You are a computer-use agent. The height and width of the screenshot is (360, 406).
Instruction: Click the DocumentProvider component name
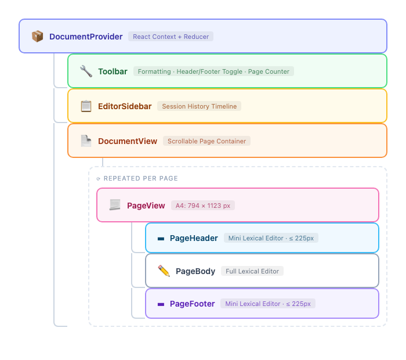[x=86, y=37]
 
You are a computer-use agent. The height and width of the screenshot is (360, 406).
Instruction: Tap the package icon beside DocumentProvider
[x=38, y=37]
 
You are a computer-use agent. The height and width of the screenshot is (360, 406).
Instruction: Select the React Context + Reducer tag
[x=171, y=37]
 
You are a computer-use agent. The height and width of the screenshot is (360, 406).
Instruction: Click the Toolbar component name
[x=113, y=71]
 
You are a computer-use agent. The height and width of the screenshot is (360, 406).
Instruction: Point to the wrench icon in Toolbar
[x=86, y=71]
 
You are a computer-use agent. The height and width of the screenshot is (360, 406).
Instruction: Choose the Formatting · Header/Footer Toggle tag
[x=213, y=71]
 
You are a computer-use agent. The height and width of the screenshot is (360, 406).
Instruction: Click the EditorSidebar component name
[x=125, y=106]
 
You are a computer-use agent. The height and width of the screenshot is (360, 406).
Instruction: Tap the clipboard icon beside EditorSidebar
[x=86, y=106]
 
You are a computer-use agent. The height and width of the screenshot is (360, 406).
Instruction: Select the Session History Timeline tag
[x=199, y=106]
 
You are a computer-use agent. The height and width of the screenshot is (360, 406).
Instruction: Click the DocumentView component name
[x=128, y=141]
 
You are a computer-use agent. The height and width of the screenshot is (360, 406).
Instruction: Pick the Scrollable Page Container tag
[x=206, y=141]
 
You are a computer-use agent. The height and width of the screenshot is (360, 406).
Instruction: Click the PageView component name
[x=146, y=206]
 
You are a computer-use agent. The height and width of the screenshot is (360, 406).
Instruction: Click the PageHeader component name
[x=194, y=238]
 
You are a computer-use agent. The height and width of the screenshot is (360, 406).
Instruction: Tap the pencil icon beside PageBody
[x=164, y=271]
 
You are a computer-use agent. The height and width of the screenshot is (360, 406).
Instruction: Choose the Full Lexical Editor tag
[x=252, y=271]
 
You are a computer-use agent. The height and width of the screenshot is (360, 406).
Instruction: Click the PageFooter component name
[x=192, y=304]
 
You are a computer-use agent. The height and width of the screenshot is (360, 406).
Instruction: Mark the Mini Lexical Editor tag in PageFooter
[x=268, y=304]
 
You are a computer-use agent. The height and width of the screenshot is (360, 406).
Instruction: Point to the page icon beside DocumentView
[x=86, y=141]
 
